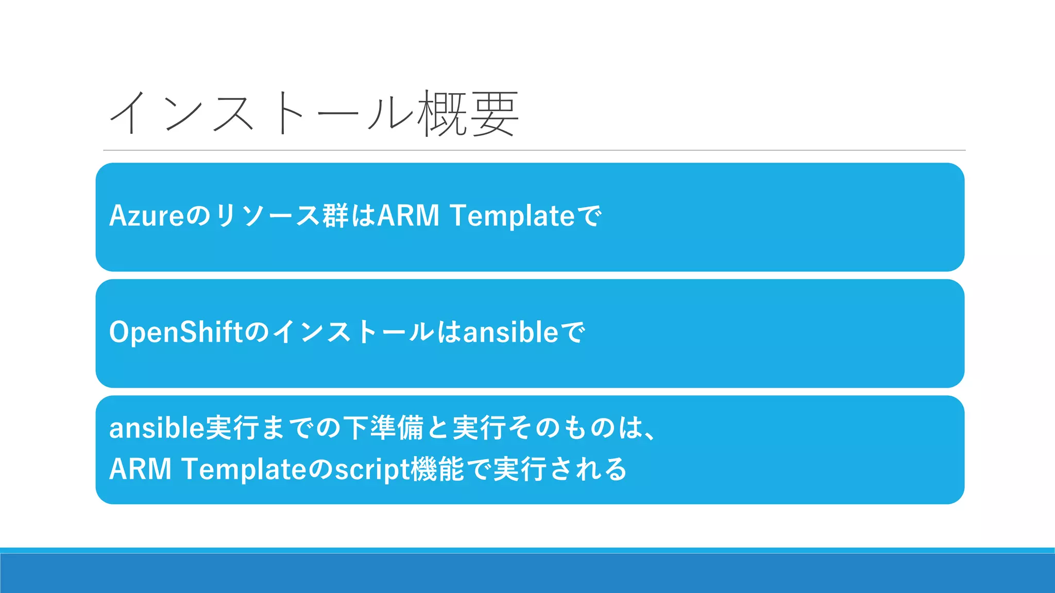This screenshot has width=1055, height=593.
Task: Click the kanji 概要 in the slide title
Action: (x=468, y=113)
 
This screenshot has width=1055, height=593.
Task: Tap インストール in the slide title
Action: (x=262, y=113)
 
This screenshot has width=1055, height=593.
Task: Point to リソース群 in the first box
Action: (x=281, y=216)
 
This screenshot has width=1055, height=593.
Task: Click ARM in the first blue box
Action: (x=409, y=216)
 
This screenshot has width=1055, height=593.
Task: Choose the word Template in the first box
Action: (x=512, y=216)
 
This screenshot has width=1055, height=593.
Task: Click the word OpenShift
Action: (x=176, y=332)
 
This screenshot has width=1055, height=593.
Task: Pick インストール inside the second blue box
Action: (x=353, y=332)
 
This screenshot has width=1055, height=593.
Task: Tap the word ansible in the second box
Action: (x=511, y=332)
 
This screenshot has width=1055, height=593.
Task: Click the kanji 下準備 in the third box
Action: (x=383, y=428)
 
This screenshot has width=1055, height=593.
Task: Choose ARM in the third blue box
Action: (x=140, y=469)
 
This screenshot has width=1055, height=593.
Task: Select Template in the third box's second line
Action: (x=244, y=469)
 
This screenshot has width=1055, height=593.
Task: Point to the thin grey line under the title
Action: (x=534, y=150)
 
